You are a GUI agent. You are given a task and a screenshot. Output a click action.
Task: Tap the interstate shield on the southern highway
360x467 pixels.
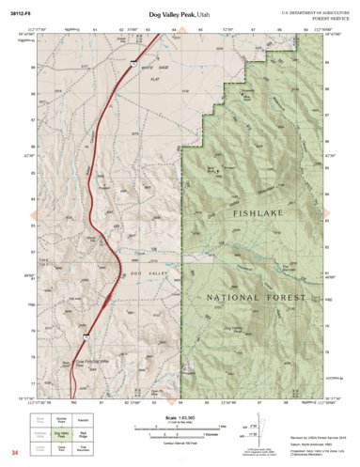coord(86,333)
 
